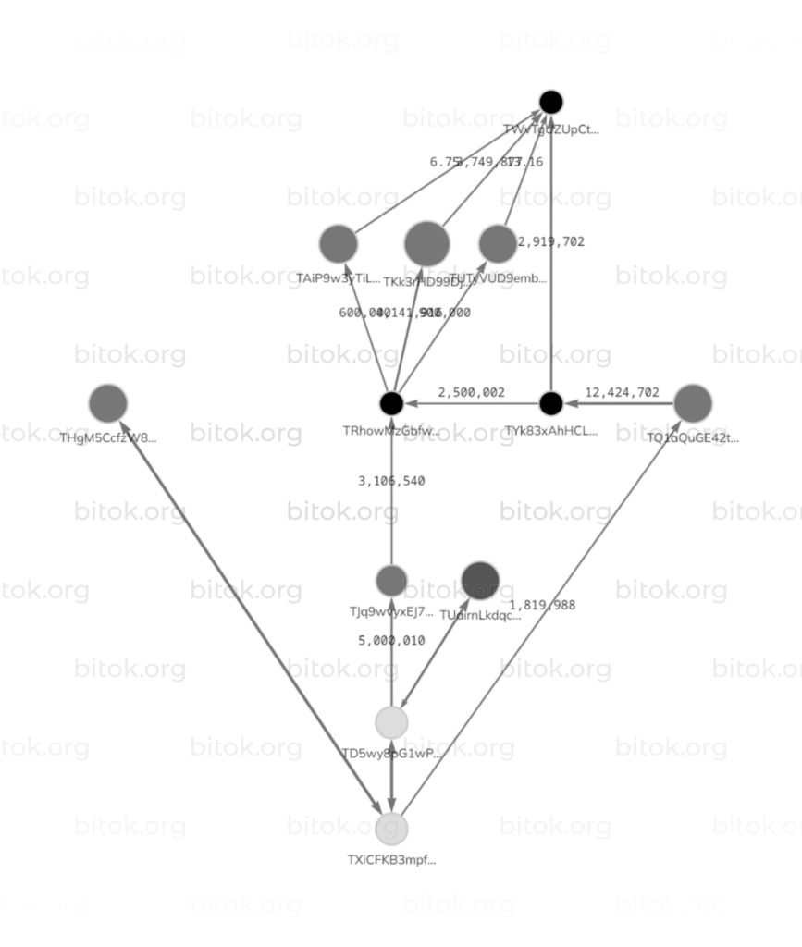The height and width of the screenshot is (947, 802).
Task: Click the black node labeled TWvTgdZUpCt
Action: [x=551, y=102]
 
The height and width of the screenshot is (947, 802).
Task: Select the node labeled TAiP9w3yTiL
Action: [x=339, y=244]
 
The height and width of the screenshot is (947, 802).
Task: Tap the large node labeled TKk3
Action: [x=427, y=244]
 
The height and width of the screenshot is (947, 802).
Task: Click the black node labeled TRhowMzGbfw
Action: [x=391, y=403]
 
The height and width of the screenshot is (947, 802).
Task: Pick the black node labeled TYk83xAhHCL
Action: [x=551, y=403]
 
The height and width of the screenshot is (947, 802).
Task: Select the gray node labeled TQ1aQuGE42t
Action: [x=693, y=403]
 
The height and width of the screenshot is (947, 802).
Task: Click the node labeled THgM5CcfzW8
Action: [x=108, y=403]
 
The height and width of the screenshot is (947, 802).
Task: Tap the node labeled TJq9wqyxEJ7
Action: [x=391, y=581]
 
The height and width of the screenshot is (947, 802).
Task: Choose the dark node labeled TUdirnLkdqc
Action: [x=480, y=581]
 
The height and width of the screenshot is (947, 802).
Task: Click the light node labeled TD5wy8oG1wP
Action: [x=391, y=722]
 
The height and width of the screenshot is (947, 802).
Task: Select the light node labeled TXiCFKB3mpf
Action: [x=391, y=828]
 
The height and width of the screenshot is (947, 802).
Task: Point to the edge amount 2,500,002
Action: [x=472, y=392]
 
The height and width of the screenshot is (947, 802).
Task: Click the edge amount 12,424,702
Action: [x=623, y=392]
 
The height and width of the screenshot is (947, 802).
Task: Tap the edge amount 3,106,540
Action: [x=391, y=481]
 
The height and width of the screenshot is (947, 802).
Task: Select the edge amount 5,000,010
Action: [x=391, y=640]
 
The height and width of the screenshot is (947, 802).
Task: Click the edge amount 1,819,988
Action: [x=542, y=605]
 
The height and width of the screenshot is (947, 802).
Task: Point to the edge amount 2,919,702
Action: [x=551, y=241]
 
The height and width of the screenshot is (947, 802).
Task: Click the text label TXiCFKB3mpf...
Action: [x=391, y=860]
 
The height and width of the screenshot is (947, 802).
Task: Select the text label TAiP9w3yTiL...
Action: [x=339, y=278]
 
